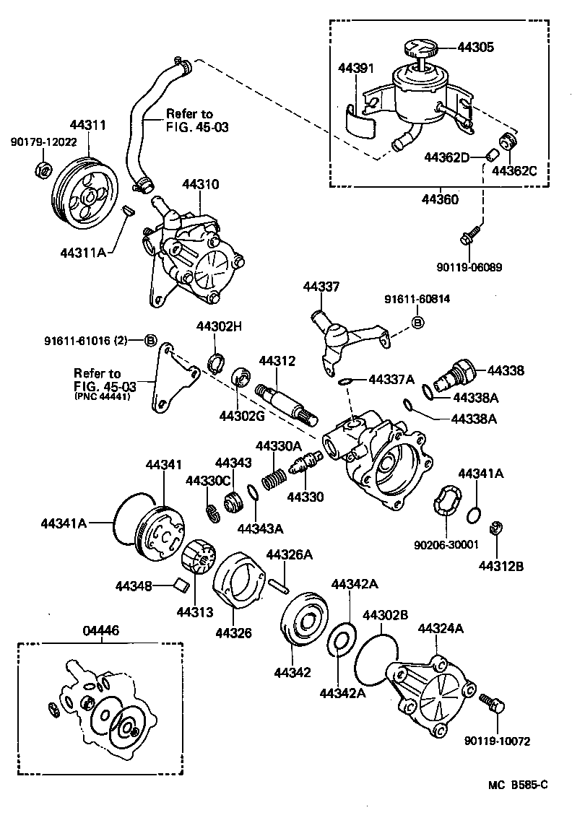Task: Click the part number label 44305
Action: (477, 48)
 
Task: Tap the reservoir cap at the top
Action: (419, 50)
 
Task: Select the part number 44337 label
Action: (321, 287)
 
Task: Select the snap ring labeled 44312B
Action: (496, 529)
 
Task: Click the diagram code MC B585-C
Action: (512, 785)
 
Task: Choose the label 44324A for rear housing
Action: (440, 629)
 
